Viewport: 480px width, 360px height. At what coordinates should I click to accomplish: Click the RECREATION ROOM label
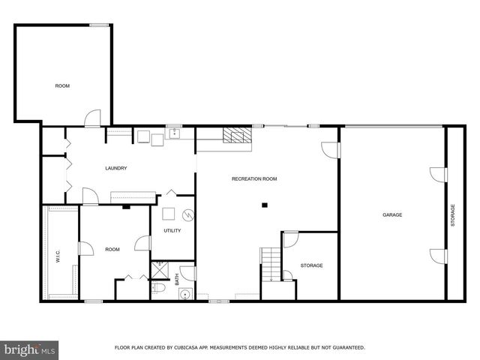click(254, 178)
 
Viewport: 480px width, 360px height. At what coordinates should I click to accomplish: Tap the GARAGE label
click(392, 215)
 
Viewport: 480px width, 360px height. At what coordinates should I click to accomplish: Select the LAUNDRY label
click(116, 168)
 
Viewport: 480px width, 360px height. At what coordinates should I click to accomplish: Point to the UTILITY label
click(172, 230)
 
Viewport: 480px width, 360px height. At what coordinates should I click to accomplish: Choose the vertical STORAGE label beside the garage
click(452, 216)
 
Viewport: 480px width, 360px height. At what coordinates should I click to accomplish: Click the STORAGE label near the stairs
click(311, 265)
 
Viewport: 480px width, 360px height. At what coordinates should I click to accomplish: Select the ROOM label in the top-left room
click(62, 86)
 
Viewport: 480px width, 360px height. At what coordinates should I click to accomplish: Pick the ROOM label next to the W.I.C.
click(112, 249)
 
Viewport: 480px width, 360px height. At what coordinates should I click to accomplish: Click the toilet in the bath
click(159, 287)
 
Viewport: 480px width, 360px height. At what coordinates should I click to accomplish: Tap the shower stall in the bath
click(159, 267)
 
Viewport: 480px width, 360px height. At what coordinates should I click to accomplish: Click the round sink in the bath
click(184, 294)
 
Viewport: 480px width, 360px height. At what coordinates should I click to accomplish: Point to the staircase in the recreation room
click(270, 264)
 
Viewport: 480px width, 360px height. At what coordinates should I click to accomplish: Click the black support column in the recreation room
click(264, 205)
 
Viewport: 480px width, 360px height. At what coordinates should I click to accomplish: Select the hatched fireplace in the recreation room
click(238, 135)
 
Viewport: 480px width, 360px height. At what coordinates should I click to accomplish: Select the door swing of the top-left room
click(92, 118)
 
